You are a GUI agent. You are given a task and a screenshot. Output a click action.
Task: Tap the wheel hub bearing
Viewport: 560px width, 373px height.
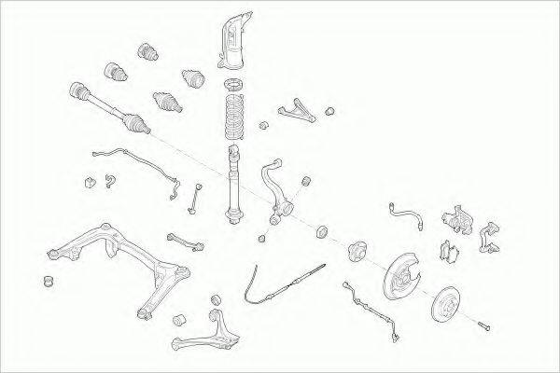coord(358,252)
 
